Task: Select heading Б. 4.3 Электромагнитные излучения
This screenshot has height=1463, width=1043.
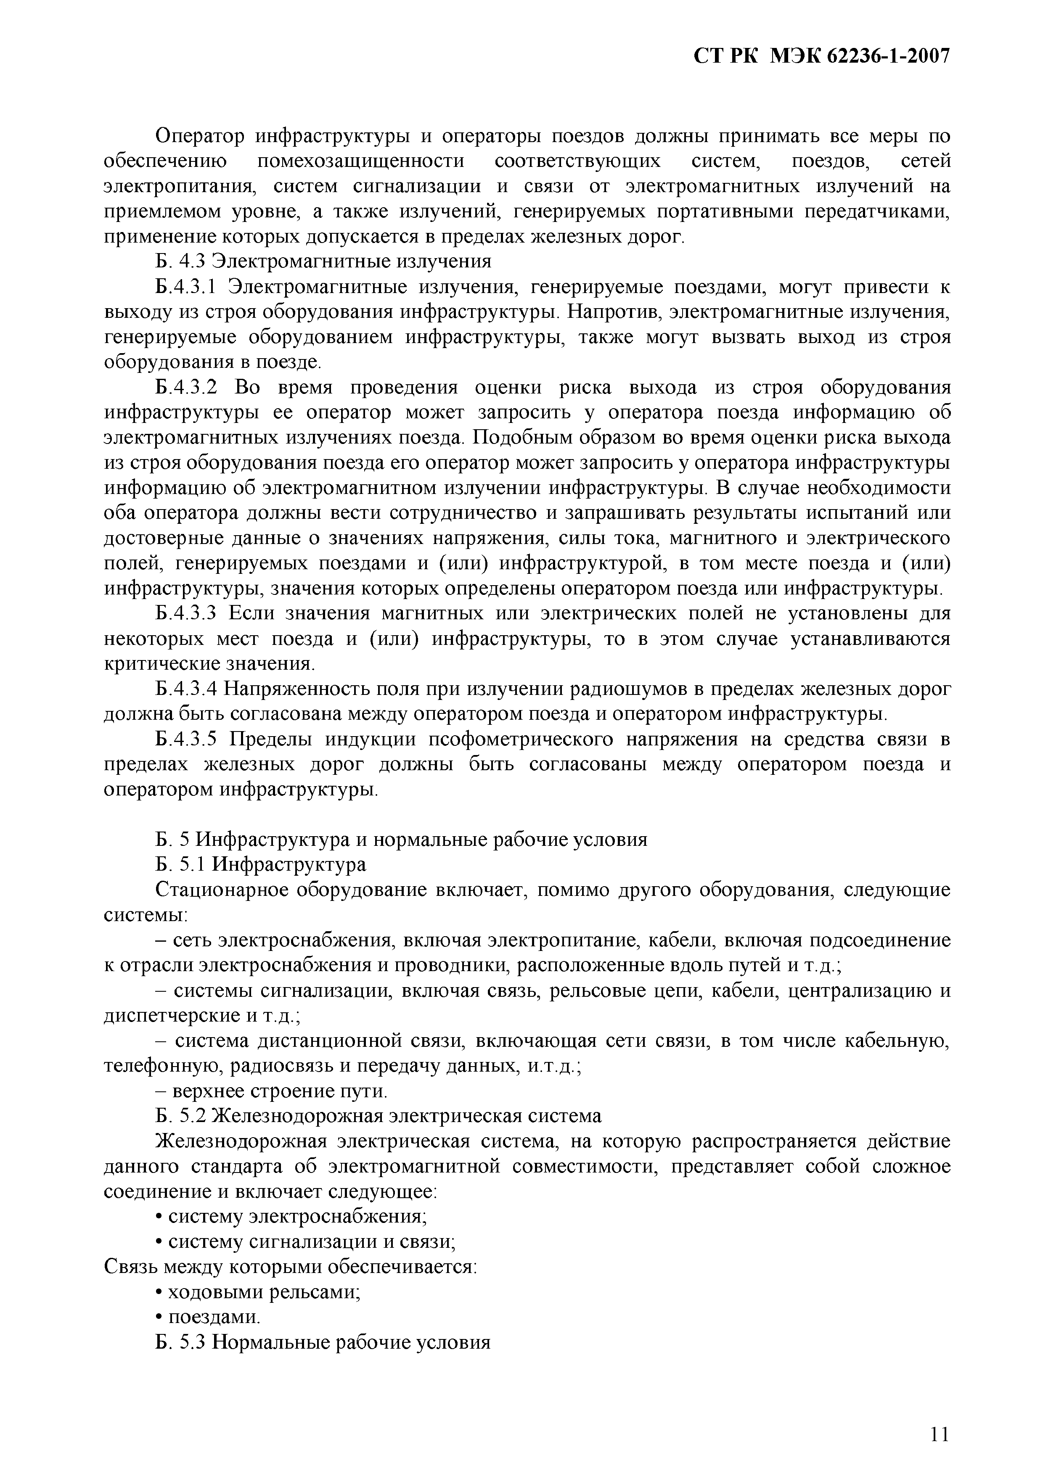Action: (323, 262)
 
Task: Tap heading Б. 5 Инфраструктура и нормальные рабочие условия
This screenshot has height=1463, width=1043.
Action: (401, 840)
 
